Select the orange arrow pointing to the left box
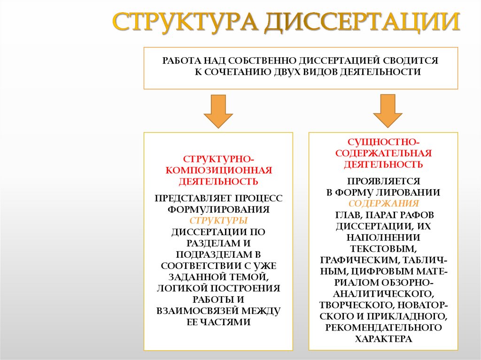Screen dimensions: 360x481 point(218,111)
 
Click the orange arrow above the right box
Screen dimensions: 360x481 point(388,111)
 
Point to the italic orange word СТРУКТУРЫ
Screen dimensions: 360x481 point(218,221)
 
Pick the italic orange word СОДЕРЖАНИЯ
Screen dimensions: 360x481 point(383,204)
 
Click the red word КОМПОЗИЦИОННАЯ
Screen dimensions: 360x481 point(218,170)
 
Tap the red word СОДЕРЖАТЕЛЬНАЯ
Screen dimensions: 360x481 point(383,153)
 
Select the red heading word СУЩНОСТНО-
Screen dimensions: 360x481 point(383,142)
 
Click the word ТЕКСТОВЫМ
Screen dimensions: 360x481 point(383,248)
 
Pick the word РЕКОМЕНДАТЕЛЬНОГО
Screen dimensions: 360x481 point(383,327)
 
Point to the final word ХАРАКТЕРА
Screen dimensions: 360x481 point(383,338)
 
